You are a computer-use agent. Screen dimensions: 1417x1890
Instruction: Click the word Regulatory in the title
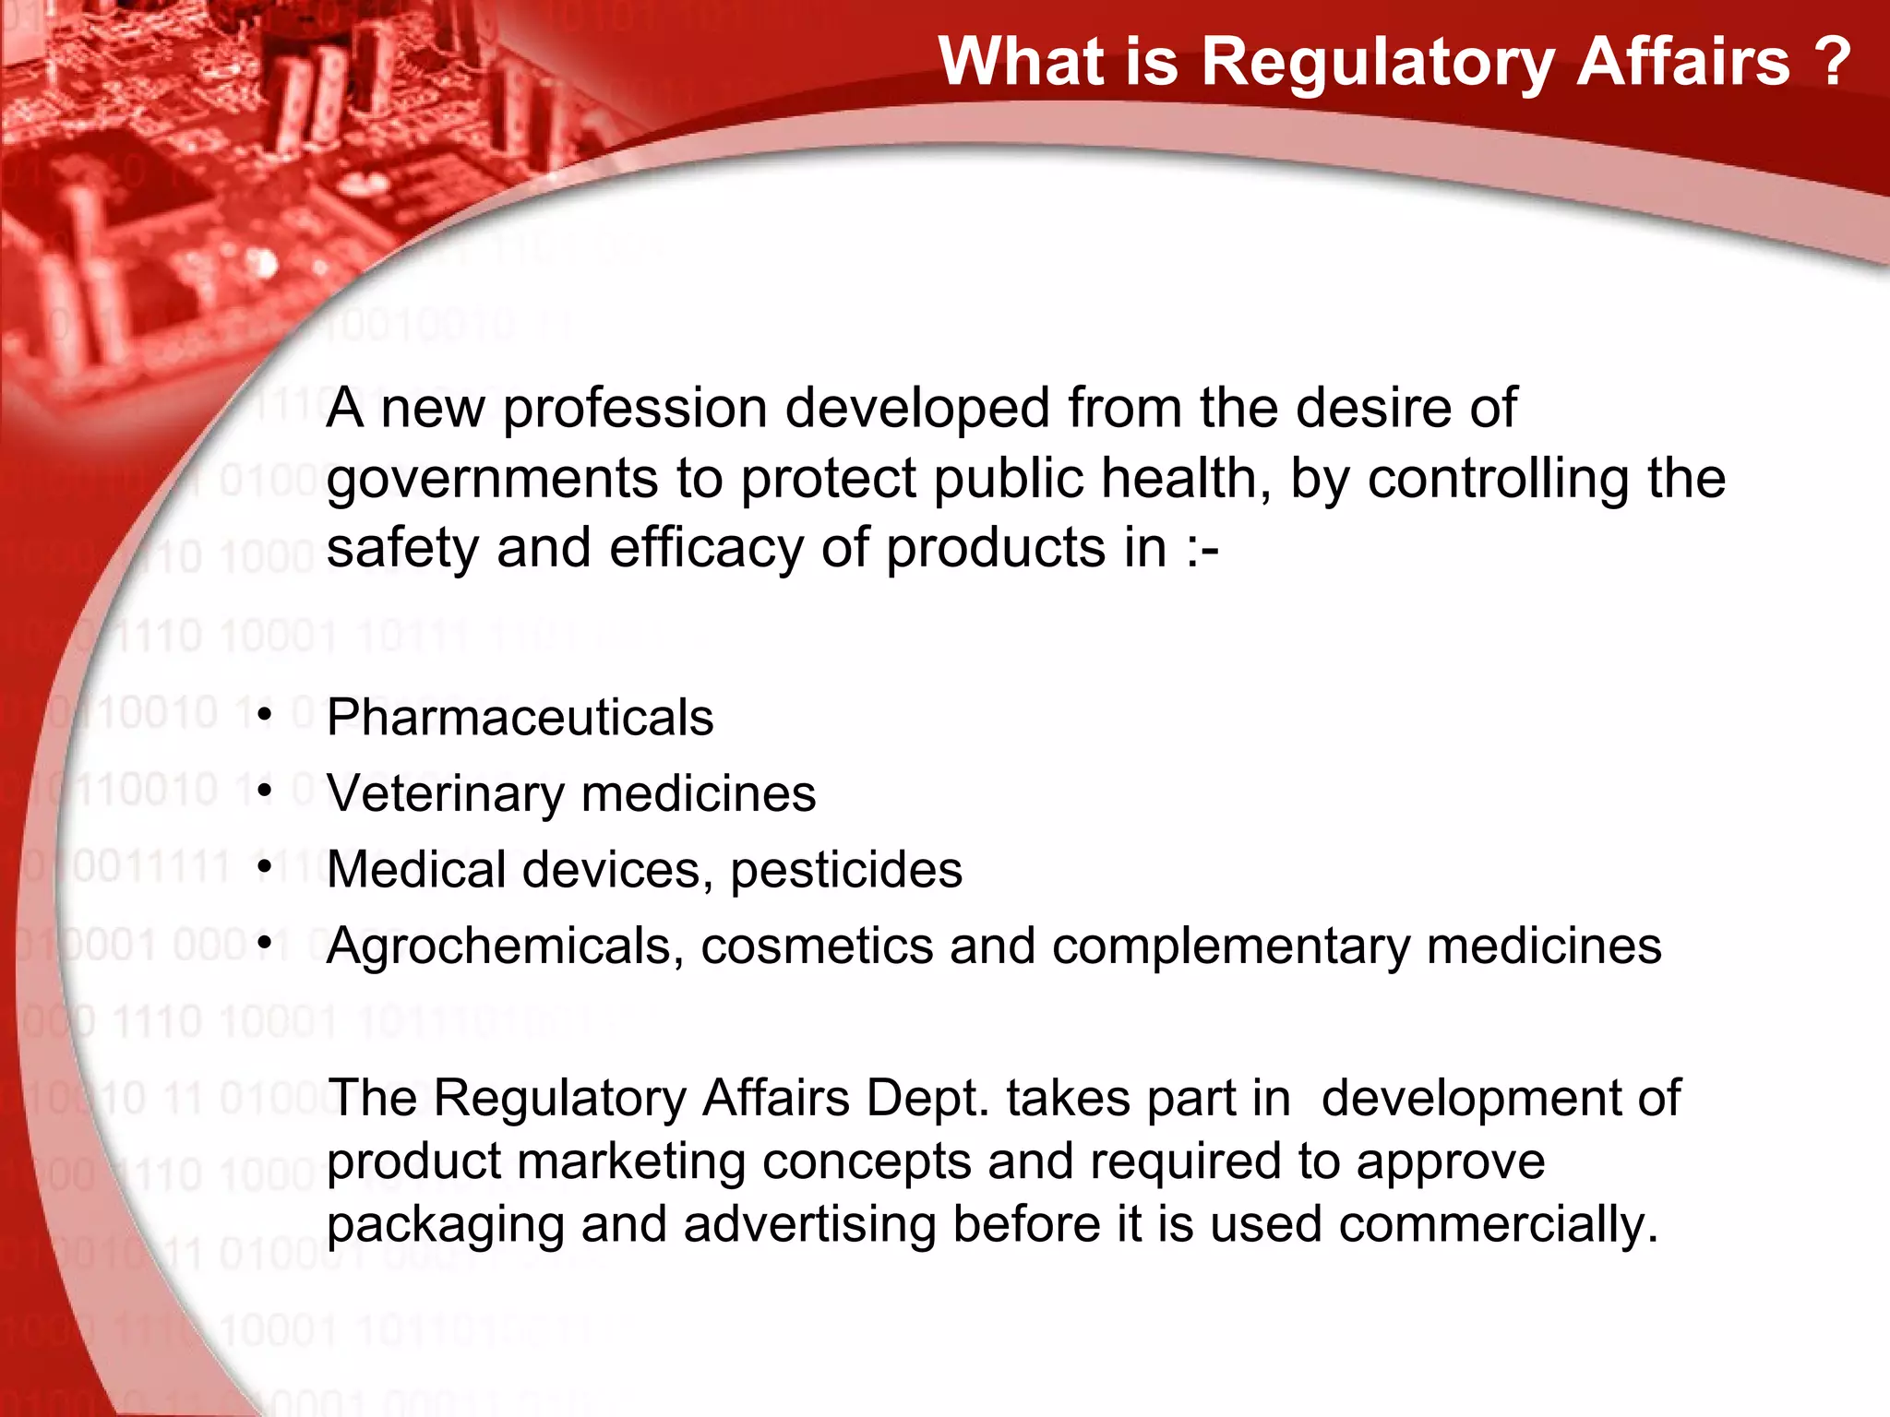[x=1379, y=63]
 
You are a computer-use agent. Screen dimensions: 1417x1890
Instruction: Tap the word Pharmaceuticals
[x=520, y=717]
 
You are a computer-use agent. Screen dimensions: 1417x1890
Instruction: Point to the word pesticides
[x=846, y=869]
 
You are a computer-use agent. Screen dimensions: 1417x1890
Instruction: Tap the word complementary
[x=1231, y=947]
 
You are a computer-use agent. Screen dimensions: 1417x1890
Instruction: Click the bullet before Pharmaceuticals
[x=266, y=715]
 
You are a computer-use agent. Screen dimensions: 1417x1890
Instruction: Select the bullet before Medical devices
[x=266, y=867]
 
